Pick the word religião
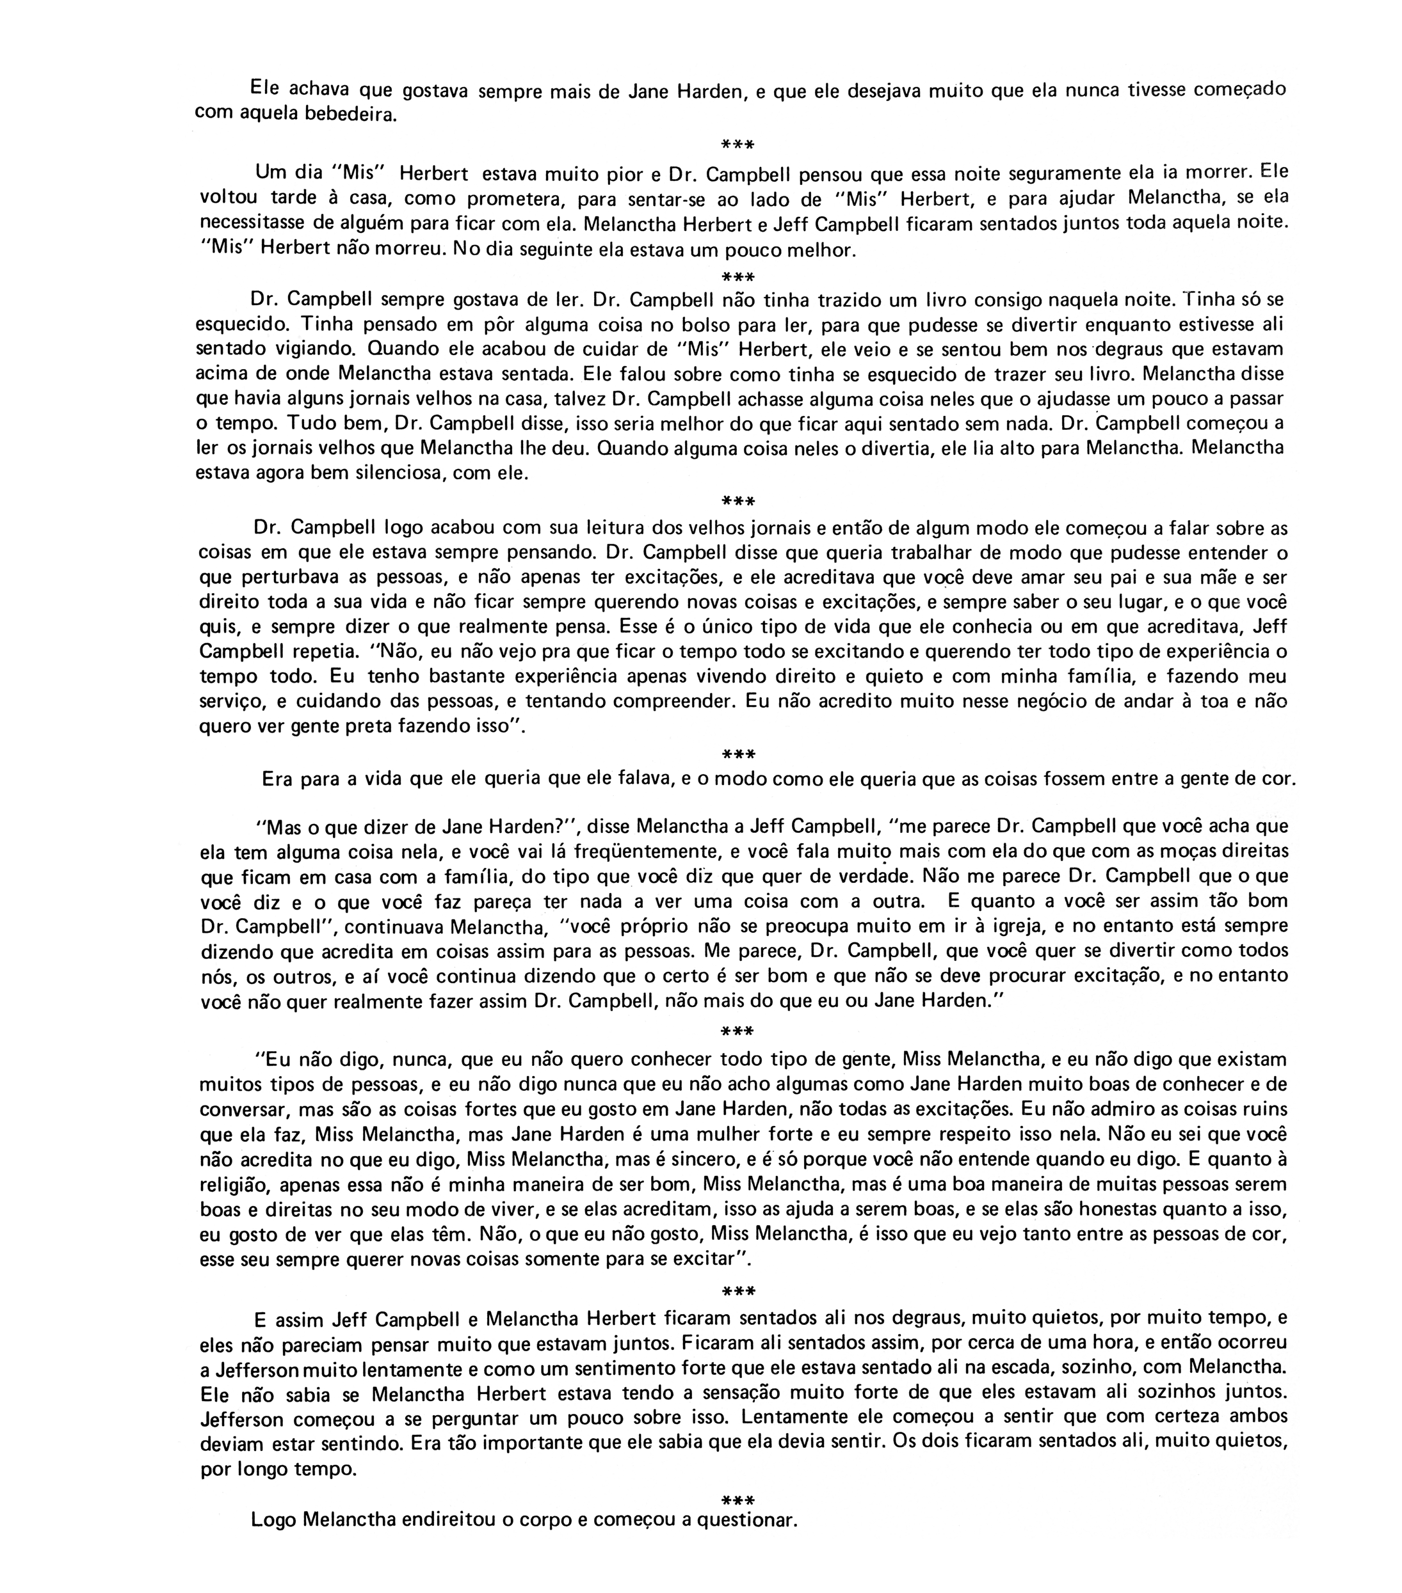click(x=236, y=1184)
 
